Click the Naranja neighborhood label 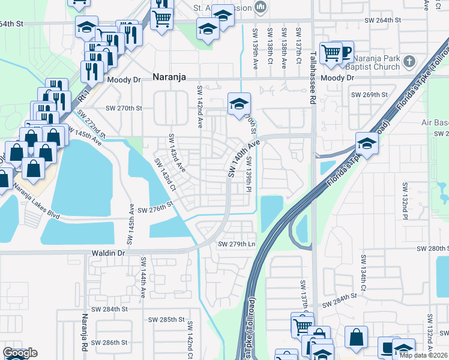(x=169, y=77)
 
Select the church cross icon (x=409, y=61)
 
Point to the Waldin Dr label (x=108, y=254)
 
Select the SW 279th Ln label (x=237, y=244)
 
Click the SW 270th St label (x=124, y=109)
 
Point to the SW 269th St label (x=369, y=95)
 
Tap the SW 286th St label (x=112, y=343)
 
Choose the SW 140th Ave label (x=244, y=158)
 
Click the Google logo (x=20, y=353)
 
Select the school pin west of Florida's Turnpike (x=366, y=144)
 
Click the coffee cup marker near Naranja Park (x=344, y=51)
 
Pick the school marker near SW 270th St (x=239, y=104)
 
